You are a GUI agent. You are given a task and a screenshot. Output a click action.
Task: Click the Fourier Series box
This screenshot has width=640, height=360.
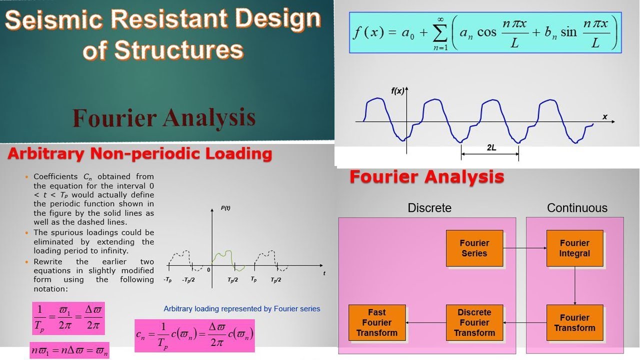click(474, 248)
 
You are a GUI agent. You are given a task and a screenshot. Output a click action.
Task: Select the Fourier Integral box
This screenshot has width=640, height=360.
click(574, 248)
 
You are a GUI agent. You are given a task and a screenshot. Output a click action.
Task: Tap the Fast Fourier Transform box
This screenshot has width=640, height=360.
click(377, 322)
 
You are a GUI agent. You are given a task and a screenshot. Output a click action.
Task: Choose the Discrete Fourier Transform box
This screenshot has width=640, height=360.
click(474, 322)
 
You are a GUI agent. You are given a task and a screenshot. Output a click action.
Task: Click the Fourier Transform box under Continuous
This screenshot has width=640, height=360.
click(574, 322)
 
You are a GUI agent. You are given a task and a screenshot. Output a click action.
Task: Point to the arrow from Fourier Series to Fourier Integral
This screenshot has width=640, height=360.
click(524, 247)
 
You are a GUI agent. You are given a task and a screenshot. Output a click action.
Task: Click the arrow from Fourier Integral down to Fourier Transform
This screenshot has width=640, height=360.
click(574, 285)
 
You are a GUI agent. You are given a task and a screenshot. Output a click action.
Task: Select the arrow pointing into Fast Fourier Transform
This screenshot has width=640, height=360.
click(425, 322)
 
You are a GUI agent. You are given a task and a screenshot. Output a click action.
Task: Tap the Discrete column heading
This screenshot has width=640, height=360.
click(429, 208)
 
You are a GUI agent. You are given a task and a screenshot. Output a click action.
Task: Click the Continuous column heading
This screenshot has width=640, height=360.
click(577, 208)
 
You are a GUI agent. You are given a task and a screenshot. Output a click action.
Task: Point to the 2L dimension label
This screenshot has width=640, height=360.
click(491, 148)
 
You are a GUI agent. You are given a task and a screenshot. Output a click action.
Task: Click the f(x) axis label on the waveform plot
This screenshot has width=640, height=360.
click(397, 91)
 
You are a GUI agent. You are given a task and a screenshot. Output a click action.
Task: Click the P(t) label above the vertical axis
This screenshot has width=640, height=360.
click(225, 208)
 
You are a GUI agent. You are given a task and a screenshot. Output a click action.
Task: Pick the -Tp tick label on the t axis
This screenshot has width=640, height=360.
click(167, 280)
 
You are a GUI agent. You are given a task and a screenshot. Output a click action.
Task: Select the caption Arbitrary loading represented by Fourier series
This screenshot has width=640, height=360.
click(242, 308)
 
